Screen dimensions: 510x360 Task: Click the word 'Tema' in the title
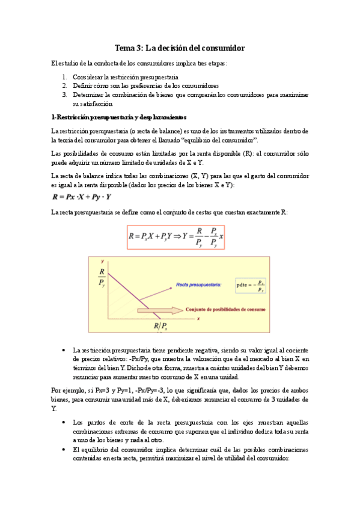tap(126, 48)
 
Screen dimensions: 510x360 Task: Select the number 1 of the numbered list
tap(65, 78)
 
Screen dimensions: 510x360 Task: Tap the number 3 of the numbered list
tap(65, 94)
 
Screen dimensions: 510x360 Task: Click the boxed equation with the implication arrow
tap(175, 237)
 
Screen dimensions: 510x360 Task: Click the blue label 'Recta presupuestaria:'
tap(199, 283)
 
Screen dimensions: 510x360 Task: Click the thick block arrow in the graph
tap(159, 310)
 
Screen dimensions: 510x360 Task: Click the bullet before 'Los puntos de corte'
tap(64, 423)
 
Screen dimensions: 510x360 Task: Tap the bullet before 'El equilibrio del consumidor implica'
tap(64, 449)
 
